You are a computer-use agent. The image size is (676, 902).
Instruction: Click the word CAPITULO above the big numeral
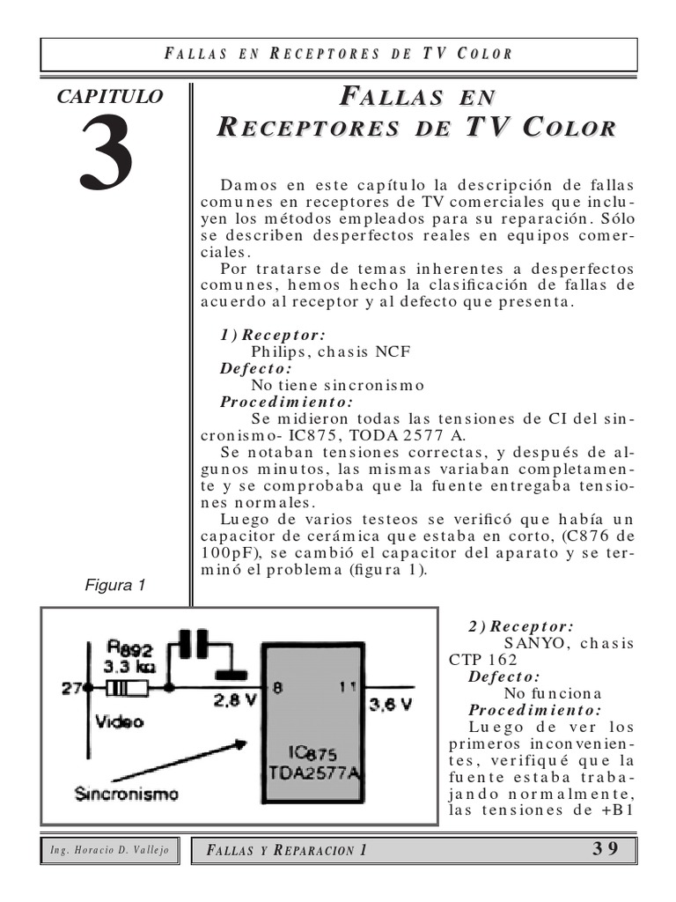(109, 97)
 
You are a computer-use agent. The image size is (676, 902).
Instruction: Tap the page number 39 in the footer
(604, 849)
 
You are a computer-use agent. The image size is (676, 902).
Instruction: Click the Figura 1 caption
(115, 585)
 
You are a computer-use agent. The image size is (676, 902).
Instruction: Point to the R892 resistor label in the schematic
(129, 649)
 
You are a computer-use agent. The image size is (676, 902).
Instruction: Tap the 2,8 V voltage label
(234, 702)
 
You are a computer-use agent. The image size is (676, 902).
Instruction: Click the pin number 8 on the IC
(276, 691)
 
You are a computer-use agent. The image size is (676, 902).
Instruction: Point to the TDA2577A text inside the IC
(310, 773)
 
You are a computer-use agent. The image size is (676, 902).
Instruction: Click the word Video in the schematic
(120, 721)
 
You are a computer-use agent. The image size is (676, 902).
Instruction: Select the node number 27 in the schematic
(70, 687)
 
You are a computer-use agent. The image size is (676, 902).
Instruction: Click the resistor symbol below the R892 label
(126, 687)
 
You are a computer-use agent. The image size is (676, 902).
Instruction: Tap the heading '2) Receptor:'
(521, 626)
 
